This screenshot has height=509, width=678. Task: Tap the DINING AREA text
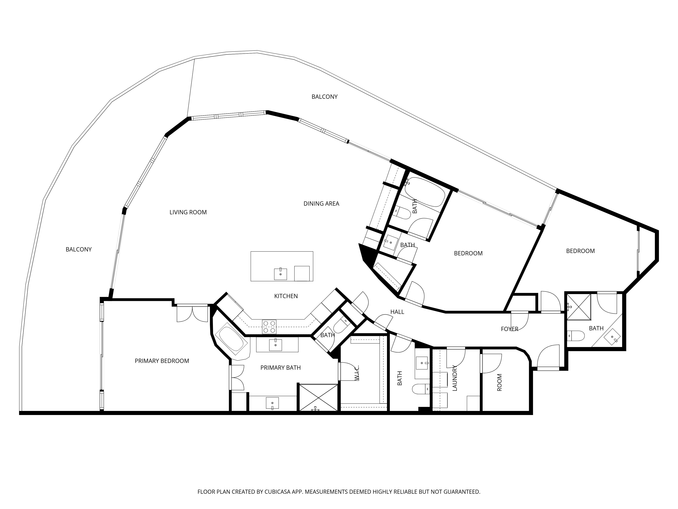click(x=321, y=204)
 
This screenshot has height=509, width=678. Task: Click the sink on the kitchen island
click(x=281, y=274)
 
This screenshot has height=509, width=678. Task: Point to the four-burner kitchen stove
click(x=269, y=327)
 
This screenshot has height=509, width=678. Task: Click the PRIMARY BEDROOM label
click(x=162, y=361)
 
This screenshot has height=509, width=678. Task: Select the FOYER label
click(x=509, y=329)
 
